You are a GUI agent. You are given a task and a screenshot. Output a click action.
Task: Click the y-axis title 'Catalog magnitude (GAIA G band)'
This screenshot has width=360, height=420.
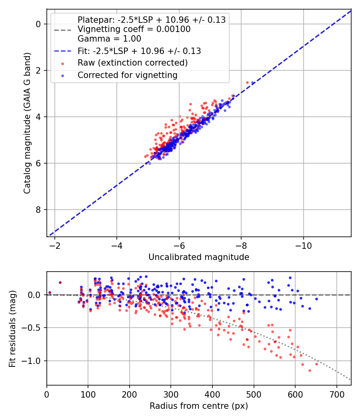27,123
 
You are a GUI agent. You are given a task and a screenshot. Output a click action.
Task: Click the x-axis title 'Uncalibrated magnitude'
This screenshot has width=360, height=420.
199,257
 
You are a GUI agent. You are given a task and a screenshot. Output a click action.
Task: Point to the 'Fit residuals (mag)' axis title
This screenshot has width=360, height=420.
12,329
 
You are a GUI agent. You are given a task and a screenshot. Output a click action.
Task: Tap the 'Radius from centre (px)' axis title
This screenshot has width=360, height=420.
199,406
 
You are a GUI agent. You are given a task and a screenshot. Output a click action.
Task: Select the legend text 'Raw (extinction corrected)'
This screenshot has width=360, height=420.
132,63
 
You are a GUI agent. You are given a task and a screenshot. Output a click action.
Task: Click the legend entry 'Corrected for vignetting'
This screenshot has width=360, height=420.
128,75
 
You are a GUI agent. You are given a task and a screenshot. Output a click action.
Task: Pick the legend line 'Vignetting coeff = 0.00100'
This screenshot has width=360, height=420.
134,29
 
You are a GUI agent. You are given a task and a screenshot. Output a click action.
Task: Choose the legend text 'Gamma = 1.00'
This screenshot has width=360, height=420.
109,39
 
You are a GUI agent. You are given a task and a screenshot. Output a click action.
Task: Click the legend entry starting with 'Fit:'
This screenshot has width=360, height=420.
139,51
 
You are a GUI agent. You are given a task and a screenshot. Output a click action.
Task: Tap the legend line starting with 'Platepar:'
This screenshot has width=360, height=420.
152,20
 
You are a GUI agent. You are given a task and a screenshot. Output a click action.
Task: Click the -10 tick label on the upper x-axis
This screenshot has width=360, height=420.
304,246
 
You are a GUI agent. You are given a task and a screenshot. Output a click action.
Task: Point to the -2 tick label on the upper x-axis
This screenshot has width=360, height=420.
55,246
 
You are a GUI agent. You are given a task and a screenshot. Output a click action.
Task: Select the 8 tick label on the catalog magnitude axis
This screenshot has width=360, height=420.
38,210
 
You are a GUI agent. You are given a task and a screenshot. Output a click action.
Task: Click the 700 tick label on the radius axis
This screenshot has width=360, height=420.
336,394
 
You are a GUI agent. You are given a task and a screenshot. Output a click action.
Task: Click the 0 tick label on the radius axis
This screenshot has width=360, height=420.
47,394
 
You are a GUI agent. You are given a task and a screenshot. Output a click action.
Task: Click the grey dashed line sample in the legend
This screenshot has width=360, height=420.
63,30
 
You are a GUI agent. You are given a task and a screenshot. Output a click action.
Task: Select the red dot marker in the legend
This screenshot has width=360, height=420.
63,64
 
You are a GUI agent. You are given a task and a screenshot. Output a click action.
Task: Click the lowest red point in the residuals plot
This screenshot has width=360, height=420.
310,371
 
